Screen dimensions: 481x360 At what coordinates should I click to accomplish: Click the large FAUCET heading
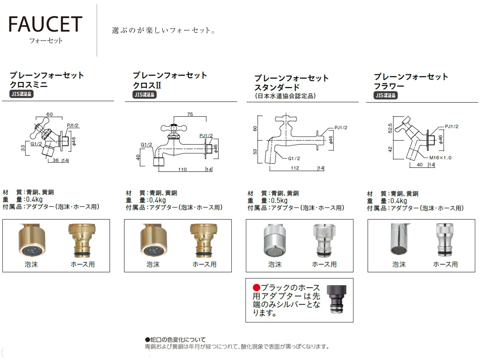pos(45,24)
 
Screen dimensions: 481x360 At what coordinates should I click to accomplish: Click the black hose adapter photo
pos(336,299)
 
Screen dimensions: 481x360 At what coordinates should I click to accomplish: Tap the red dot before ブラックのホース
pos(256,287)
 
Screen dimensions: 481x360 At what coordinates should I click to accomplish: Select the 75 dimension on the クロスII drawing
pos(190,114)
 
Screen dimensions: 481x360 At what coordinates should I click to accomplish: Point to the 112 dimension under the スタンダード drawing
pos(295,168)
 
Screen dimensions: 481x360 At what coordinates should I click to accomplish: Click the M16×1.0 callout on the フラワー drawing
pos(440,157)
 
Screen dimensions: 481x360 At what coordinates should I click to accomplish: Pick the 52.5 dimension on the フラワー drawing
pos(390,128)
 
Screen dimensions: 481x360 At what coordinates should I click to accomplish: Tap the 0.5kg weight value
pos(279,200)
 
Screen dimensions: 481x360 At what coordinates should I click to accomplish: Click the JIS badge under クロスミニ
pos(21,94)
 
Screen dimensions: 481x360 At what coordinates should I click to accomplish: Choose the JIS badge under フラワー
pos(386,95)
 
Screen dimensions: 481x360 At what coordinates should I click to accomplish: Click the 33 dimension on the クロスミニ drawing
pos(23,148)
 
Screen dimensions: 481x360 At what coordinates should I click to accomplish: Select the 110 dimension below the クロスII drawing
pos(182,169)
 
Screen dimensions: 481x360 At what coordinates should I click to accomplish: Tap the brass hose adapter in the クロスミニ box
pos(82,240)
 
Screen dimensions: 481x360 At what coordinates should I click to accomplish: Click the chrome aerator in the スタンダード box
pos(274,240)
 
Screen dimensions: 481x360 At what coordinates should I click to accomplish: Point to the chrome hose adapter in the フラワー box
pos(445,240)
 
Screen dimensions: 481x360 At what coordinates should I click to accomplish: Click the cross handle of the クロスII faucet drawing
pos(174,128)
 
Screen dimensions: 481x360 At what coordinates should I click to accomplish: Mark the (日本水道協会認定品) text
pos(285,96)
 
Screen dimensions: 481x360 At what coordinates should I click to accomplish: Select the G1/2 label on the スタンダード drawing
pos(294,158)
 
